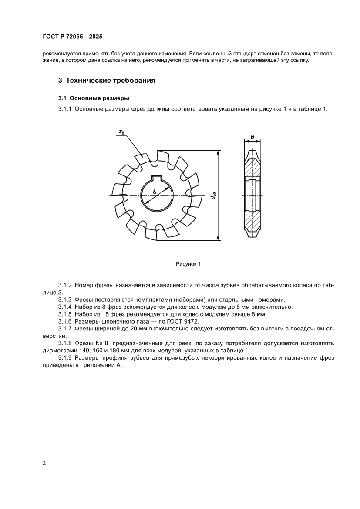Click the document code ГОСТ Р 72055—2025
[x=73, y=37]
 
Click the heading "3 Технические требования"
[x=107, y=81]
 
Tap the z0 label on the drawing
[x=121, y=132]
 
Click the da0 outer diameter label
[x=213, y=196]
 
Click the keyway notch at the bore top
[x=157, y=177]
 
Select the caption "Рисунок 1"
[x=188, y=264]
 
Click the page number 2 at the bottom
[x=44, y=463]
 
